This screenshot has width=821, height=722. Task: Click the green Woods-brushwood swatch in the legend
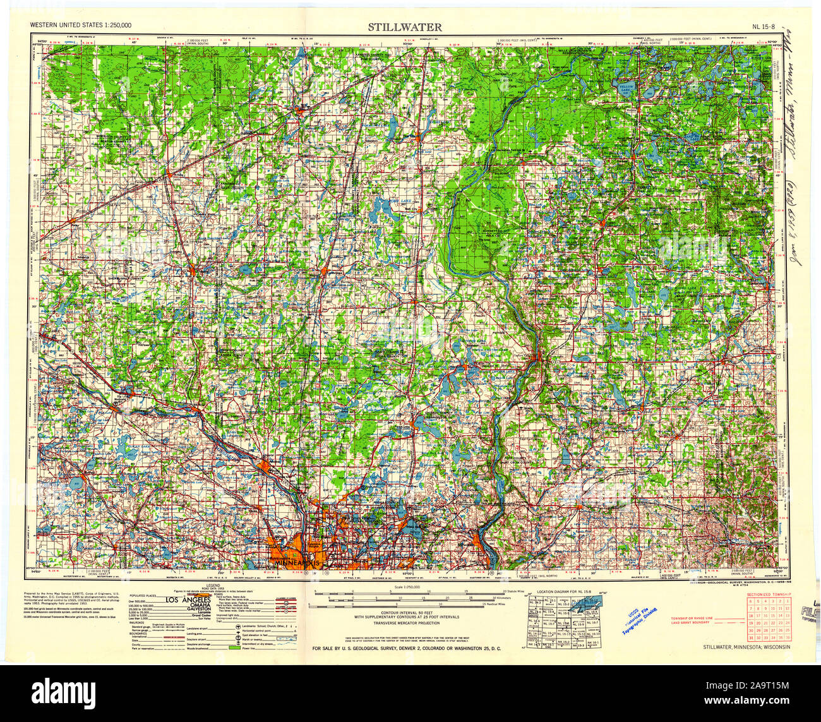coord(233,648)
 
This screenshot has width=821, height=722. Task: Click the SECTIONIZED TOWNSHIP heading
coord(769,595)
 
